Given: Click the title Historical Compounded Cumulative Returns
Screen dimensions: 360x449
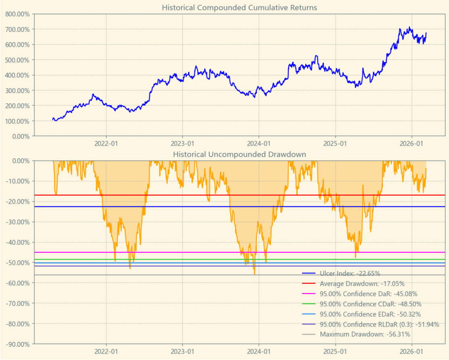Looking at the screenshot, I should click(239, 8).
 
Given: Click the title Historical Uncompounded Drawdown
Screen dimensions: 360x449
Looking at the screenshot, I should click(239, 154).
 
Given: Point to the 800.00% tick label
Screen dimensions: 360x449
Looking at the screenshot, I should click(18, 14).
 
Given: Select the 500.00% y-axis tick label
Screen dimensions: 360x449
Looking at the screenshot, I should click(18, 60).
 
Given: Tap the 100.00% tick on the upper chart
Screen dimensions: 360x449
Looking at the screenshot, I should click(18, 121).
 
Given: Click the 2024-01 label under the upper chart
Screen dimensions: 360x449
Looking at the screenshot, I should click(259, 143).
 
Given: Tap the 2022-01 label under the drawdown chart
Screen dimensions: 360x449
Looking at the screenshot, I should click(106, 351).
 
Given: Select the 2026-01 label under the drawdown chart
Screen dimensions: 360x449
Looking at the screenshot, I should click(411, 351).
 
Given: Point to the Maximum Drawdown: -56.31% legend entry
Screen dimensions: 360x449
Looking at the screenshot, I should click(365, 334).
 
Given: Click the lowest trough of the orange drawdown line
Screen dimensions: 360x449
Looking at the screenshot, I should click(254, 275).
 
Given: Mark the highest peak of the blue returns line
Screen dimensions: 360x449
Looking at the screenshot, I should click(409, 27).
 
